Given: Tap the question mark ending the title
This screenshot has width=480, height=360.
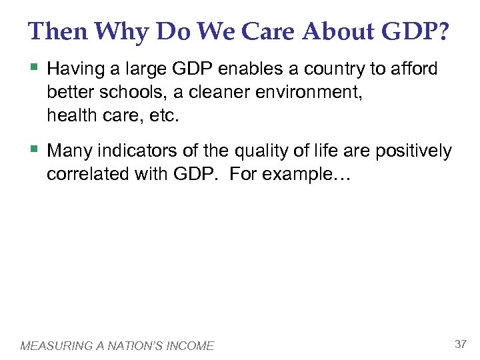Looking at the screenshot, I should click(443, 31).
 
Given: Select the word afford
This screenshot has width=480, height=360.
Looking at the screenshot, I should click(414, 69).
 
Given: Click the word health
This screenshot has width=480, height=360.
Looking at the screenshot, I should click(68, 116).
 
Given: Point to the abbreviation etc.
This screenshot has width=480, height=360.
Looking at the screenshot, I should click(167, 116).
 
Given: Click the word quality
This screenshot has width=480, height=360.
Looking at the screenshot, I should click(278, 151).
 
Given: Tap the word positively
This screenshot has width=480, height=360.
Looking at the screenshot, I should click(413, 151).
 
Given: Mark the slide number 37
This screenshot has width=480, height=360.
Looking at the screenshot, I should click(460, 344).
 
